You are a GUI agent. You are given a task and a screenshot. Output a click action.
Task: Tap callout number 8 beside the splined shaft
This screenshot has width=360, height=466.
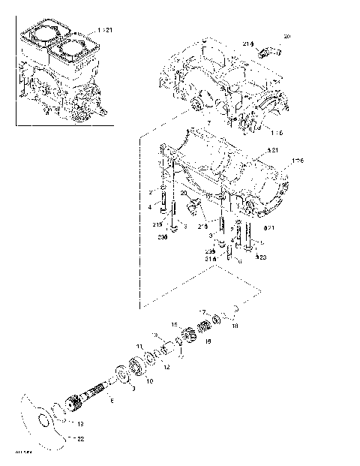112,402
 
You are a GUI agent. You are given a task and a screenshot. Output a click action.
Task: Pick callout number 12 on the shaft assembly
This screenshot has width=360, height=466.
167,367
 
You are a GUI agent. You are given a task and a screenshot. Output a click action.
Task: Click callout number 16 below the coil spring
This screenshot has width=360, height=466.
208,341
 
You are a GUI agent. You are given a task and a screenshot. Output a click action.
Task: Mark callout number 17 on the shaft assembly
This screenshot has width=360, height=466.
201,311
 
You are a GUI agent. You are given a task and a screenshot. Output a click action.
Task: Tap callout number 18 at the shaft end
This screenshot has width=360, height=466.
234,327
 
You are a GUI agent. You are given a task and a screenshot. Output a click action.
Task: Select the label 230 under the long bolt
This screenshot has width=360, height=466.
162,236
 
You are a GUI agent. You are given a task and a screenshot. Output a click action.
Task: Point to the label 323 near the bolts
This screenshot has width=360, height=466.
261,257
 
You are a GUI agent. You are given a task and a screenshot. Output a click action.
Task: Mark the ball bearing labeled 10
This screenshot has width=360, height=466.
136,368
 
